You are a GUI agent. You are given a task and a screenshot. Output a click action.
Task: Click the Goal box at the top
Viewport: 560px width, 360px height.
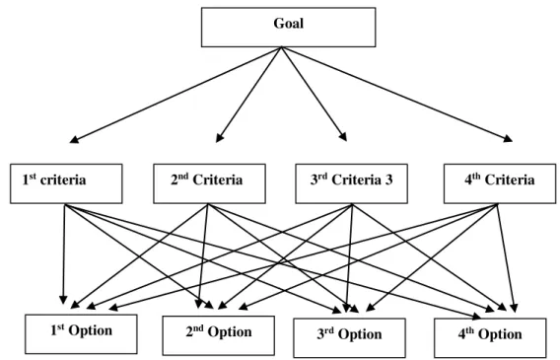(x=288, y=28)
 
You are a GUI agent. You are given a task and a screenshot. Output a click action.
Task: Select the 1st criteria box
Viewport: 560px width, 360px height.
(x=66, y=183)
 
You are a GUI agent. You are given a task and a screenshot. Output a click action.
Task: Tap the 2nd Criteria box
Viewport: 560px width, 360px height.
(x=209, y=183)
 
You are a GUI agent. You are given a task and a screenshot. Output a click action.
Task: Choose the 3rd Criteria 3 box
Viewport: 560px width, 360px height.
(x=351, y=183)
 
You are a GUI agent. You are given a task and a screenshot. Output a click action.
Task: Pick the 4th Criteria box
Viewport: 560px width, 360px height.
(x=500, y=183)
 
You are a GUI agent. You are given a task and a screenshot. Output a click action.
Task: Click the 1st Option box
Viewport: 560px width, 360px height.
(x=81, y=334)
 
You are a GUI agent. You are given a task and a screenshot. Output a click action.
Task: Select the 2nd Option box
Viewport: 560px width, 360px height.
(x=219, y=335)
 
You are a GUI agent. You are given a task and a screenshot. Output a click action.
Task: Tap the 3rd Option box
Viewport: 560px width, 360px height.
(x=349, y=338)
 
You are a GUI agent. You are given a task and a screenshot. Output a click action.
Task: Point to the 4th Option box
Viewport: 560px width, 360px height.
(x=490, y=338)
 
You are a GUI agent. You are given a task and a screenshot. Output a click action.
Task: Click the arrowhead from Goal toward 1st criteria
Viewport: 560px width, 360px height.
(x=74, y=140)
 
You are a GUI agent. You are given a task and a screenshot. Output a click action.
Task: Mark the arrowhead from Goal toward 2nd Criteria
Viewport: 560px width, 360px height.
(x=219, y=138)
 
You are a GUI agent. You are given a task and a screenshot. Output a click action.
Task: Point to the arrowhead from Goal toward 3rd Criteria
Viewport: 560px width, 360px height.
(x=343, y=137)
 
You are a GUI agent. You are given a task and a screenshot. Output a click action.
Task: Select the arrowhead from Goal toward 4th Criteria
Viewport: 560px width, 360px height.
(x=508, y=139)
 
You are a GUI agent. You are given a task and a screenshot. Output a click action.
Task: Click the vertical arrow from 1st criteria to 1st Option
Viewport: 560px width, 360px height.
(x=64, y=253)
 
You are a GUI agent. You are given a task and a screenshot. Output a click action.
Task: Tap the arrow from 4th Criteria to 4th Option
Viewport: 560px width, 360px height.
(x=506, y=257)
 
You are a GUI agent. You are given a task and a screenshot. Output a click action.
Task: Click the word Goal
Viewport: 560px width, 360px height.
(x=289, y=24)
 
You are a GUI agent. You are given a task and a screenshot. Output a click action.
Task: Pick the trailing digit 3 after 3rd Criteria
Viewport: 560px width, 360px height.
(x=388, y=180)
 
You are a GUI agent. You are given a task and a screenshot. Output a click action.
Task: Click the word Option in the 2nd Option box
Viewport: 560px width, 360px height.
(x=230, y=332)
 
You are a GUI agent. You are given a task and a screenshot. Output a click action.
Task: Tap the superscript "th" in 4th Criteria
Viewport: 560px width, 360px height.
(x=476, y=177)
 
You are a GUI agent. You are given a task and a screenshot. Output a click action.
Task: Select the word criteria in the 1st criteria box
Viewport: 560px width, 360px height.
(x=63, y=180)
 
